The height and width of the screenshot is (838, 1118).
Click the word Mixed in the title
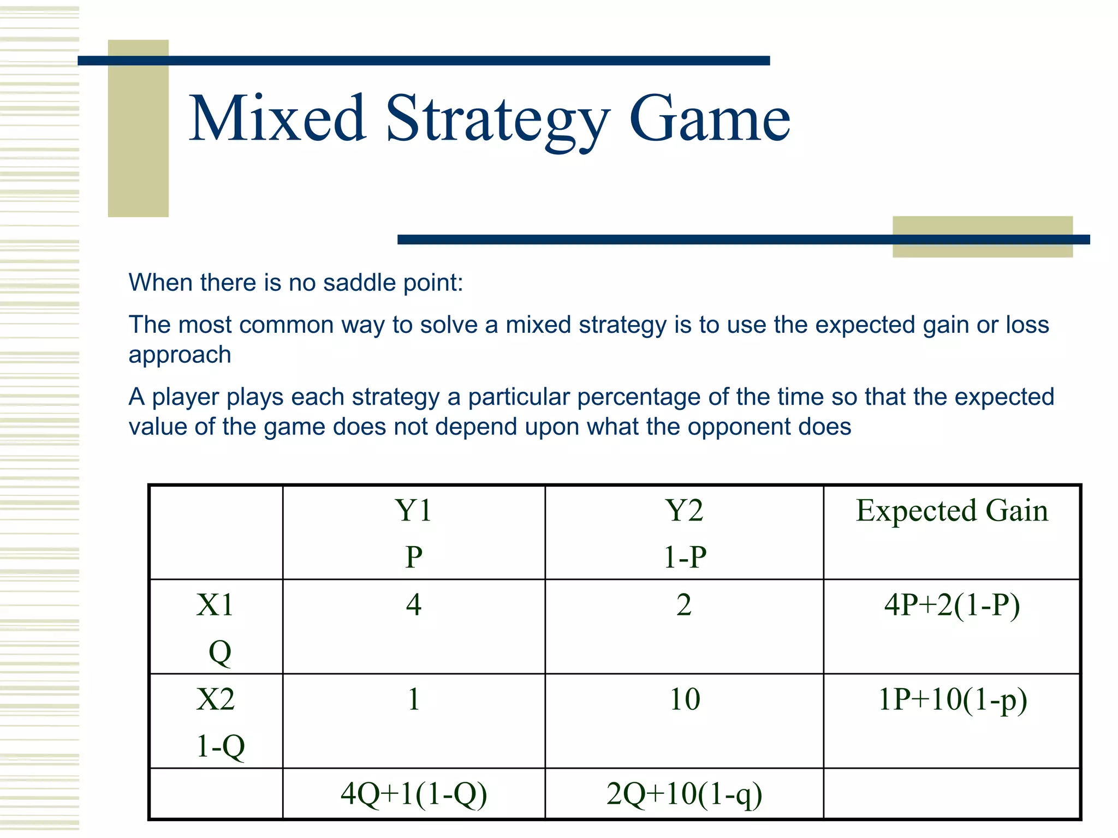(x=277, y=118)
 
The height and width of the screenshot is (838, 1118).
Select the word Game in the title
(x=709, y=118)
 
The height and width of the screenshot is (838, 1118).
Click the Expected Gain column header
(x=952, y=511)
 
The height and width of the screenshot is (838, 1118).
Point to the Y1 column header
(x=413, y=511)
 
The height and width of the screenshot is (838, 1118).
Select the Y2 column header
(x=684, y=511)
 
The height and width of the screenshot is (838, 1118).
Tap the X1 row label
(x=215, y=605)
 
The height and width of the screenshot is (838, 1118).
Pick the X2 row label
(x=215, y=699)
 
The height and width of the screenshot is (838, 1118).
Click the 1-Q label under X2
(x=220, y=746)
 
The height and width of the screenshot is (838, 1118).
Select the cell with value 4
(x=413, y=605)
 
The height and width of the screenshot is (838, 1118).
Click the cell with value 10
(x=685, y=699)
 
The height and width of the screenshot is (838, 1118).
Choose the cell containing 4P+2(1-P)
(x=952, y=605)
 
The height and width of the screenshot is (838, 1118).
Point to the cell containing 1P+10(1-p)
(x=952, y=699)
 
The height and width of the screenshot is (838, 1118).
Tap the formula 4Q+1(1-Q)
(x=413, y=794)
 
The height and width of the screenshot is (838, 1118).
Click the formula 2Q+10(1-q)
(x=684, y=794)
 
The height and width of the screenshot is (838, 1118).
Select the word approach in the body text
(x=180, y=355)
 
